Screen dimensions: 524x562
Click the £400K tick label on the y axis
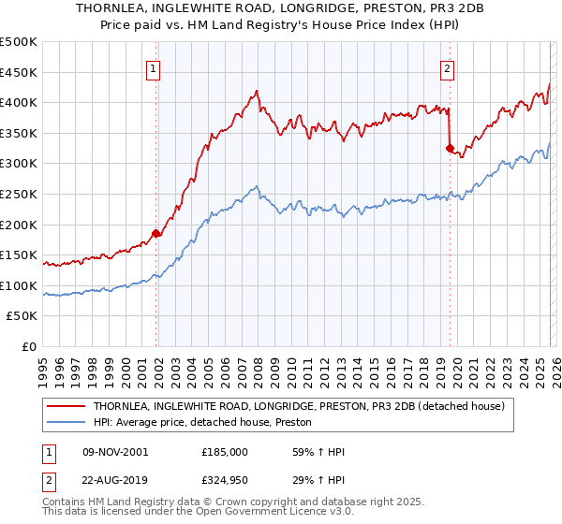19,103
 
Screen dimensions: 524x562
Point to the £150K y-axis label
19,255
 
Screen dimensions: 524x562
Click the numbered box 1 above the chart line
152,67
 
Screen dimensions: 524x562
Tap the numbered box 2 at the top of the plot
448,67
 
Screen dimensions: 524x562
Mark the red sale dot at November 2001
156,234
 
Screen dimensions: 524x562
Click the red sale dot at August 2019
450,148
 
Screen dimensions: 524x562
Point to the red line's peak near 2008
256,91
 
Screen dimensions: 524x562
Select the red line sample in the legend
67,406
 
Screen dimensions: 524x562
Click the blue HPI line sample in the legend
67,423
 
